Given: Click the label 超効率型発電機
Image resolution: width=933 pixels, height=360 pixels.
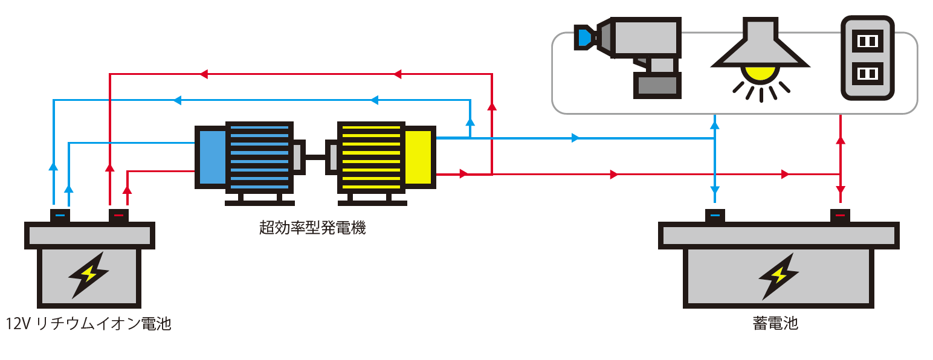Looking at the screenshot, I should pos(312,228).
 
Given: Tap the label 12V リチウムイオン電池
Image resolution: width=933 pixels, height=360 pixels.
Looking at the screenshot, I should pos(88,324).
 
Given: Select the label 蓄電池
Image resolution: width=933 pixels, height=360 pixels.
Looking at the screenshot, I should pos(775,323).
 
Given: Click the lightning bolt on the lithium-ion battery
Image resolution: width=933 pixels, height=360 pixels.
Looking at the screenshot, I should pos(88,275).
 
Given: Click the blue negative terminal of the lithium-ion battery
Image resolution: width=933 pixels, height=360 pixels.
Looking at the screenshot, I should pos(59,215).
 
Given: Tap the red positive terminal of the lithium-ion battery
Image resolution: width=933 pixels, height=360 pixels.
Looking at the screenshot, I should pos(118,215).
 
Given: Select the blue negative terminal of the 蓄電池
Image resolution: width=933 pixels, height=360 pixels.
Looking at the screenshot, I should pos(715,215).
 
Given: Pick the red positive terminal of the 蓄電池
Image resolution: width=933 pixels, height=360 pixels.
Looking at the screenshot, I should pos(839,215).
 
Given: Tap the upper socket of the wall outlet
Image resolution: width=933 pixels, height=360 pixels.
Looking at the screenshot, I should pos(867,41).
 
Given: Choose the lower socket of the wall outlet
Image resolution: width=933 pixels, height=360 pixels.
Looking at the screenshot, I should pos(867,74).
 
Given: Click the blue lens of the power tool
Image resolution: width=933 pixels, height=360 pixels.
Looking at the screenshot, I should pos(584,37).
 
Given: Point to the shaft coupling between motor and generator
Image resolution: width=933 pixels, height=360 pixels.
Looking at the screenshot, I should pos(315,156).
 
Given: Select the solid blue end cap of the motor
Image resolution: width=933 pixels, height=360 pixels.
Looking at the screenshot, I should pos(210,157).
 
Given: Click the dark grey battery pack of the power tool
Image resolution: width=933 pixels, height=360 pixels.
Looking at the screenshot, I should pos(657,85).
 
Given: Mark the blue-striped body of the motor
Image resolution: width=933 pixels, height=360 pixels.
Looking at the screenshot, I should pos(259,157).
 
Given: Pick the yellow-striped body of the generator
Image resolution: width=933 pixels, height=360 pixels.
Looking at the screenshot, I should pos(370,157).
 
